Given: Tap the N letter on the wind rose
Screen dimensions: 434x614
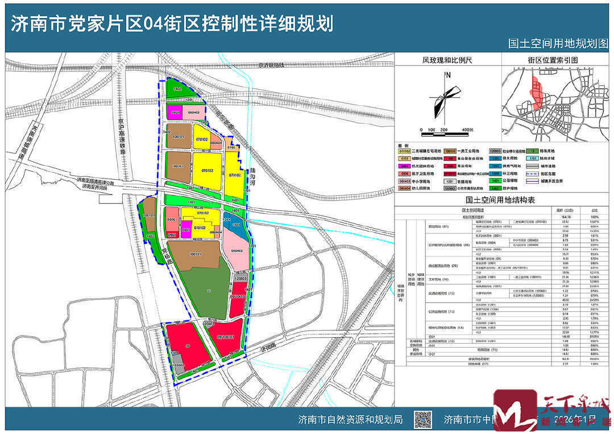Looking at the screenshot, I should tap(449, 75).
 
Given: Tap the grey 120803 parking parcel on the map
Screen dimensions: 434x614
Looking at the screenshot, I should tap(239, 279).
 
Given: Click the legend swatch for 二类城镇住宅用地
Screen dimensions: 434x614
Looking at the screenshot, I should tap(404, 151).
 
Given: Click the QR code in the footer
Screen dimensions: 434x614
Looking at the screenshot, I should tap(421, 420).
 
